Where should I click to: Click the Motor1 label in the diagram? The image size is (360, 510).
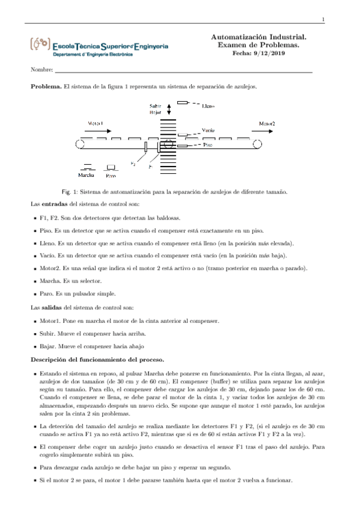pyautogui.click(x=96, y=123)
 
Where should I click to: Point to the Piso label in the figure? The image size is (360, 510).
pyautogui.click(x=207, y=145)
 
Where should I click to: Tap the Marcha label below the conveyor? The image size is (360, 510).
pyautogui.click(x=87, y=176)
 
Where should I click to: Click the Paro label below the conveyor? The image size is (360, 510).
pyautogui.click(x=111, y=176)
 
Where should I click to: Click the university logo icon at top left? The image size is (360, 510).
pyautogui.click(x=40, y=44)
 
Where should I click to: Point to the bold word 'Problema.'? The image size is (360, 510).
pyautogui.click(x=46, y=87)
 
